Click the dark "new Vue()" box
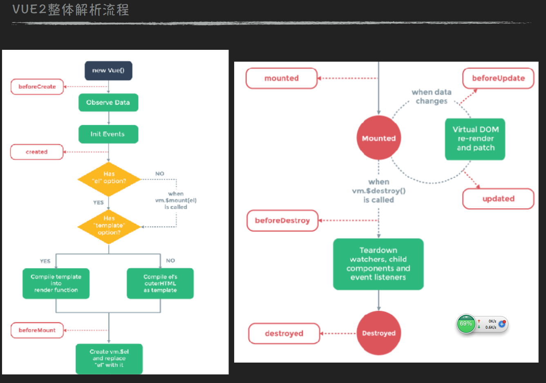(108, 70)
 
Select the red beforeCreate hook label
(37, 87)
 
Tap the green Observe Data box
(108, 102)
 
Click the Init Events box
(108, 134)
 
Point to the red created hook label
(37, 152)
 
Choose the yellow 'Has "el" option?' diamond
(109, 178)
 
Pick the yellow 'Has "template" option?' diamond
(109, 225)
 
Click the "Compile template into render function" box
(56, 283)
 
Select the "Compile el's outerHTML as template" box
(160, 283)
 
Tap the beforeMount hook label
(37, 330)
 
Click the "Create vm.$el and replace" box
(109, 359)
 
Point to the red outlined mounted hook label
(282, 78)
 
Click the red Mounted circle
(379, 138)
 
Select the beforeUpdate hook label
(498, 78)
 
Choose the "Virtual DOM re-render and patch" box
(475, 139)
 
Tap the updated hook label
(498, 199)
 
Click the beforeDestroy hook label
(282, 220)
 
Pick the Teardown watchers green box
(378, 264)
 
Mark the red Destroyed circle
(379, 333)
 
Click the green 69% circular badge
(466, 324)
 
